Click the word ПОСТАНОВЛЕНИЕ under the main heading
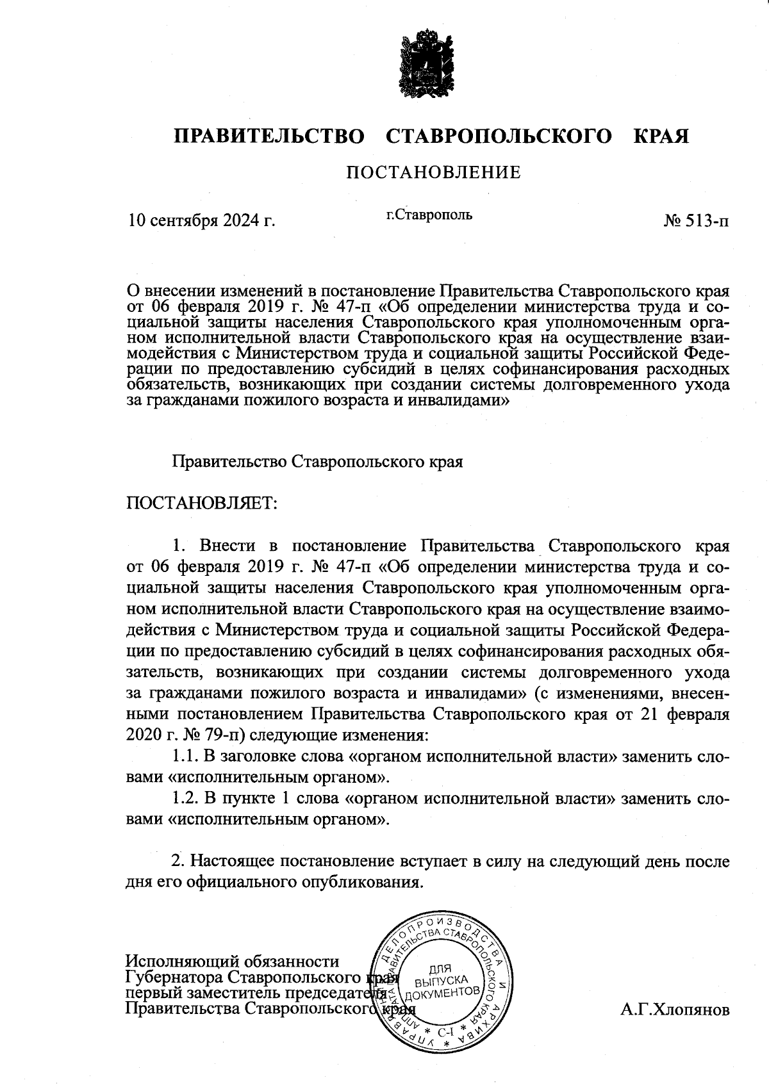coord(433,172)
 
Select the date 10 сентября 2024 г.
coord(202,222)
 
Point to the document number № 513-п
coord(697,222)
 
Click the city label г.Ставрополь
coord(429,215)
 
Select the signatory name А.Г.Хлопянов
coord(674,1010)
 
